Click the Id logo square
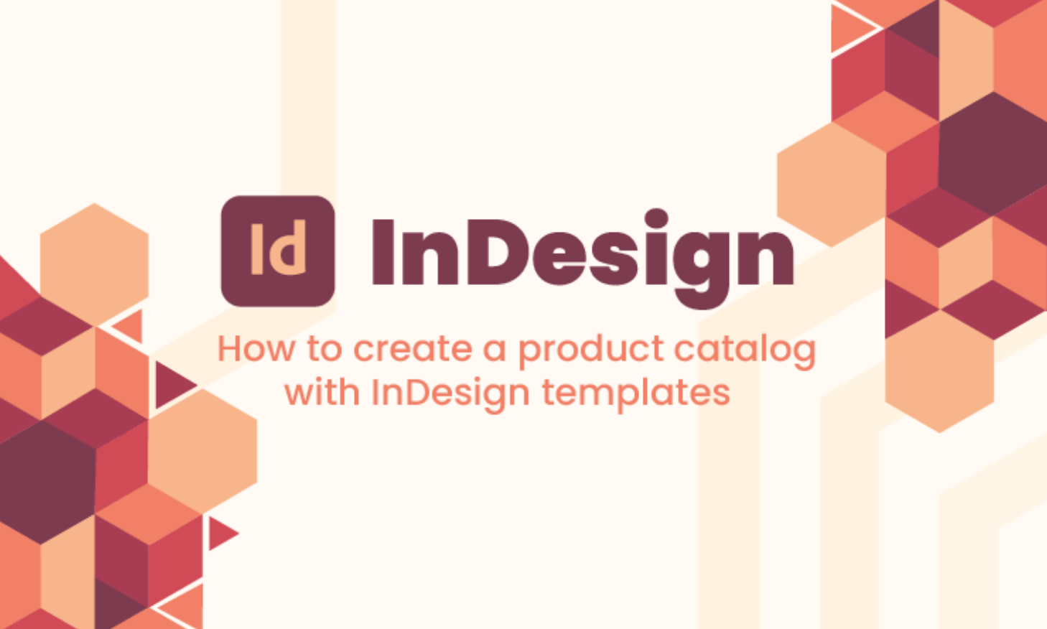tap(278, 251)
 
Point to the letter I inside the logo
tap(256, 248)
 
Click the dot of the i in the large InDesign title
tap(656, 218)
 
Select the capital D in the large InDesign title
tap(498, 251)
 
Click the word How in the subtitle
tap(256, 349)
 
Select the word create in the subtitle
tap(413, 349)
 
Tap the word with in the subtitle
tap(322, 391)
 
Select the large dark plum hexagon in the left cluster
tap(47, 483)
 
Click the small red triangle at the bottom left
tap(220, 534)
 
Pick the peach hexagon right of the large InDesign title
tap(832, 185)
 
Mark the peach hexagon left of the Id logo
tap(94, 264)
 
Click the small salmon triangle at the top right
tap(850, 29)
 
